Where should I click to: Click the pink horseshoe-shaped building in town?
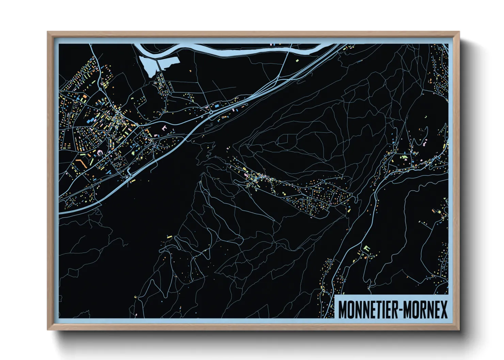pyautogui.click(x=100, y=153)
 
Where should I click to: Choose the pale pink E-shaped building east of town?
pyautogui.click(x=164, y=128)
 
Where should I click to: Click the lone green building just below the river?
pyautogui.click(x=297, y=61)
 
